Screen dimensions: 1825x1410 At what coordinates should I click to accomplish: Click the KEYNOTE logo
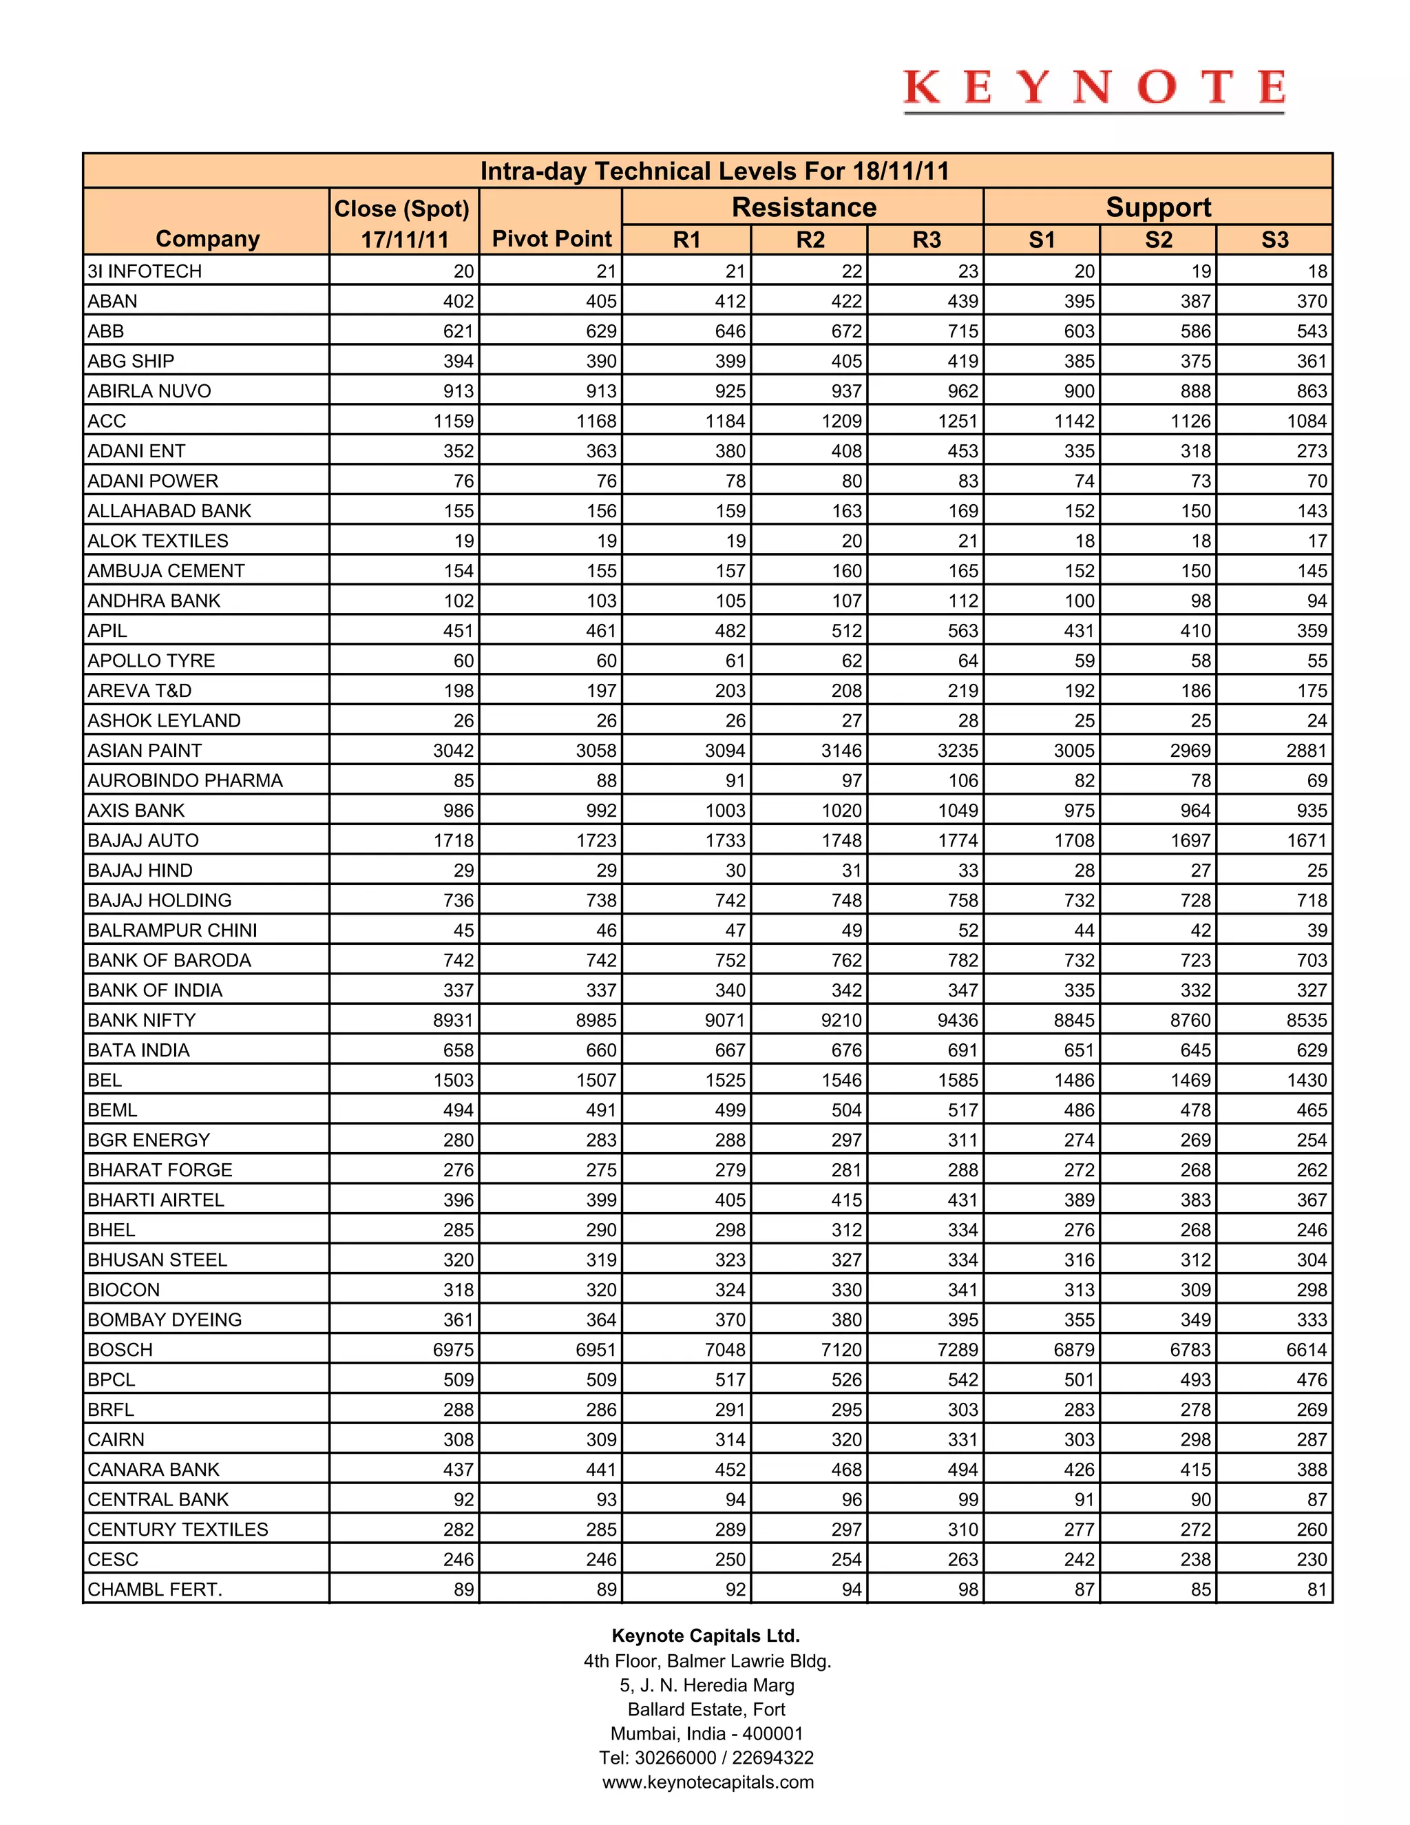pyautogui.click(x=1093, y=89)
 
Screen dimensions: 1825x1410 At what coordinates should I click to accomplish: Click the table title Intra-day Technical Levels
pyautogui.click(x=714, y=171)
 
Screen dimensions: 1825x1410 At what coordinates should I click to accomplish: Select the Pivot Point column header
pyautogui.click(x=551, y=239)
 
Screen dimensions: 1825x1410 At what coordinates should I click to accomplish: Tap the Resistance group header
pyautogui.click(x=803, y=207)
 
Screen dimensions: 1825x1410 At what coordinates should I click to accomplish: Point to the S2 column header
pyautogui.click(x=1158, y=240)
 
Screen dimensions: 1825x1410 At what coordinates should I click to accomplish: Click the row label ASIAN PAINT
pyautogui.click(x=145, y=751)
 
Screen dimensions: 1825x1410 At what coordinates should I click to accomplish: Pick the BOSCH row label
pyautogui.click(x=120, y=1350)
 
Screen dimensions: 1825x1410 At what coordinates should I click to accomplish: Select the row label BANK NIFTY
pyautogui.click(x=141, y=1021)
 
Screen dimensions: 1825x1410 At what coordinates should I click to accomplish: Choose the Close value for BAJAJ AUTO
pyautogui.click(x=454, y=841)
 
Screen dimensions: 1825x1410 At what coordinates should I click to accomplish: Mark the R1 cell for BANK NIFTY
pyautogui.click(x=724, y=1021)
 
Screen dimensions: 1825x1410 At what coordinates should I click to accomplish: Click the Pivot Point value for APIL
pyautogui.click(x=600, y=631)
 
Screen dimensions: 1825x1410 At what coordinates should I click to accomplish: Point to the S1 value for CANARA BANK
pyautogui.click(x=1078, y=1470)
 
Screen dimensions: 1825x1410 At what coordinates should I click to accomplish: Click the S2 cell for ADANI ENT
pyautogui.click(x=1195, y=451)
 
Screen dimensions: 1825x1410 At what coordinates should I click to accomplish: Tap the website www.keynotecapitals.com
pyautogui.click(x=708, y=1782)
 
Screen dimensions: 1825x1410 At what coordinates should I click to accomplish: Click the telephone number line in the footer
pyautogui.click(x=706, y=1758)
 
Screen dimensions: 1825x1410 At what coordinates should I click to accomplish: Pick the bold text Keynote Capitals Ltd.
pyautogui.click(x=706, y=1636)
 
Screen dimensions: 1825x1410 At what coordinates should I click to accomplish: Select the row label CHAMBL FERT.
pyautogui.click(x=154, y=1589)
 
